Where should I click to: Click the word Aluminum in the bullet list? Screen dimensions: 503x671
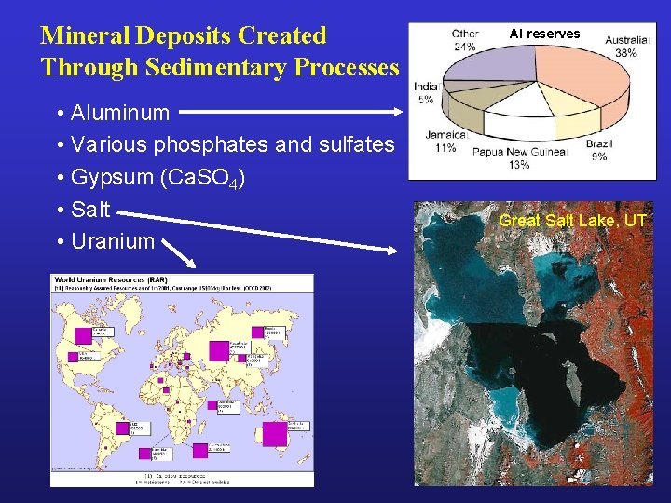click(120, 114)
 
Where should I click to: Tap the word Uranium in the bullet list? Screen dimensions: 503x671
click(113, 241)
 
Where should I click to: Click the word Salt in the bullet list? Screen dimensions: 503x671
click(90, 210)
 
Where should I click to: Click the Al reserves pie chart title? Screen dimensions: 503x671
click(544, 34)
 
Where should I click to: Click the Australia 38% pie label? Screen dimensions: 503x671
click(627, 47)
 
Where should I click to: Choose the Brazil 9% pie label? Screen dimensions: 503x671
click(598, 150)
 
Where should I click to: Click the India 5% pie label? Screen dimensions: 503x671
click(426, 92)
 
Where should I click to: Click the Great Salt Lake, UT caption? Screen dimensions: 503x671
click(572, 221)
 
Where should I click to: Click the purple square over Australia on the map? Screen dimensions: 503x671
click(274, 435)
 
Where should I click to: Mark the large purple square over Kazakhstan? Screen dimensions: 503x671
click(220, 351)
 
